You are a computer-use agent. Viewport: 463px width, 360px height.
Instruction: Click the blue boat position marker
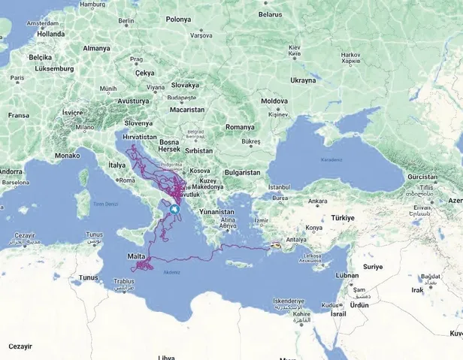[174, 210]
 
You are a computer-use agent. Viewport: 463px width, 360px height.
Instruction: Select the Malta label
[137, 257]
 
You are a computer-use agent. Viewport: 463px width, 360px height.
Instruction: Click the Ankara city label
[318, 201]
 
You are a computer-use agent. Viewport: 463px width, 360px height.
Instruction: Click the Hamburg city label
[113, 4]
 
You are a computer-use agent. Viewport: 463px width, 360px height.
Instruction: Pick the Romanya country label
[240, 127]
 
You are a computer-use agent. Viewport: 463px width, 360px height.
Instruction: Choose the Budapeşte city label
[181, 98]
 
